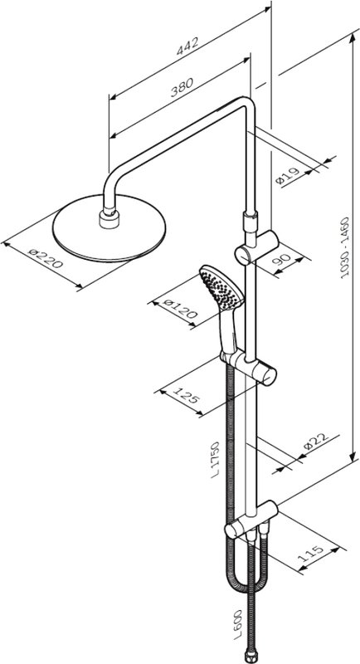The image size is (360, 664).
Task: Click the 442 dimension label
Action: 187,46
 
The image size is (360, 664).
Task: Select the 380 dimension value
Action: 182,87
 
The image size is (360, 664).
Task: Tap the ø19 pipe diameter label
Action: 288,175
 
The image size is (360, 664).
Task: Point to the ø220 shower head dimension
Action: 46,258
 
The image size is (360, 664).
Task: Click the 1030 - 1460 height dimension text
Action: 346,247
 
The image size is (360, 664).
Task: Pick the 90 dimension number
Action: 281,258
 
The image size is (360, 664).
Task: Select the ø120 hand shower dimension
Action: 180,308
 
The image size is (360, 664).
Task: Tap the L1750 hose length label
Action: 216,460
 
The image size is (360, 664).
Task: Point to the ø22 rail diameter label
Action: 316,442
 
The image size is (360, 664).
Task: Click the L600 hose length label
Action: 238,624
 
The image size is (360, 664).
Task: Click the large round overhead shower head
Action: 109,227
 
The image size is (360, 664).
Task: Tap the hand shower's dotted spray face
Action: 221,287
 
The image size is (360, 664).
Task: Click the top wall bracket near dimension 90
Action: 257,248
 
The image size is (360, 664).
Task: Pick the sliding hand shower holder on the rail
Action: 249,367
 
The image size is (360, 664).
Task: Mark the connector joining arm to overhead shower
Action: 109,217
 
